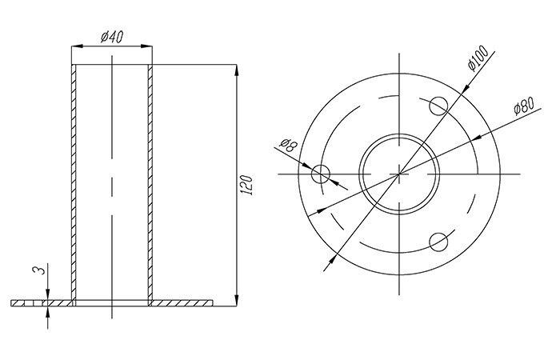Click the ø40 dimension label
(112, 37)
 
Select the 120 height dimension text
(246, 185)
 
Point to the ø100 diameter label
(478, 58)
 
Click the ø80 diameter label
(524, 106)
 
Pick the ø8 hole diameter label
(289, 145)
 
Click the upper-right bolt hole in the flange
(438, 106)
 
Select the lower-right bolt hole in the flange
(438, 242)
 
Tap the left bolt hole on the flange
(320, 174)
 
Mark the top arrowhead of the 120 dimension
(237, 70)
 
